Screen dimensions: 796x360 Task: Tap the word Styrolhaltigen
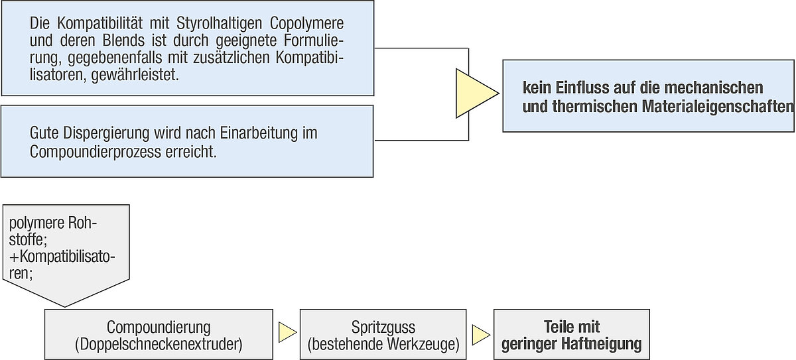[220, 24]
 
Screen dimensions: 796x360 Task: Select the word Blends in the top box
[123, 40]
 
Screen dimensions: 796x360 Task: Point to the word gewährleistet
[135, 75]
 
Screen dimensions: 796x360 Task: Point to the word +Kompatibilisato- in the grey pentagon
[62, 257]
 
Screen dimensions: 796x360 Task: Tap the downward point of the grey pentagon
[65, 307]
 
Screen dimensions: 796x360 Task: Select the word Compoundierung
[159, 328]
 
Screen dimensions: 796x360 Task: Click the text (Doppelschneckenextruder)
[159, 344]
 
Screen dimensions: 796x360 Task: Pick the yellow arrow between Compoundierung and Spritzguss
[287, 333]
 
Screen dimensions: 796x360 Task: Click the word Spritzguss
[383, 328]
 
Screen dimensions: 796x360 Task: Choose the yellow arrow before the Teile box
[481, 335]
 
